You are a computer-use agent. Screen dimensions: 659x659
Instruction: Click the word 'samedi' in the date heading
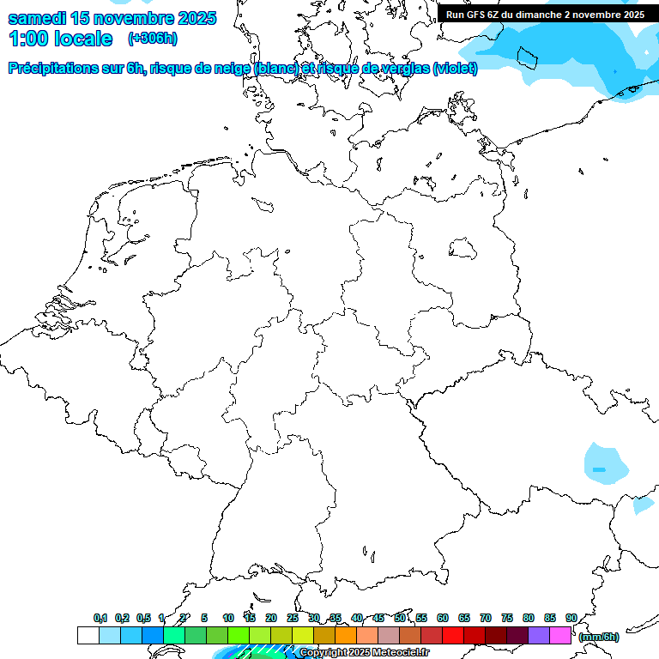[x=39, y=18]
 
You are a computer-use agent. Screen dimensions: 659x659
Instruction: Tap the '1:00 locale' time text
[x=60, y=39]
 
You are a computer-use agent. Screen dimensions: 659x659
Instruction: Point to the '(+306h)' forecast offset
[x=153, y=39]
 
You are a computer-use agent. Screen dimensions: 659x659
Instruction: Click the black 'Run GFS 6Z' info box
[x=546, y=14]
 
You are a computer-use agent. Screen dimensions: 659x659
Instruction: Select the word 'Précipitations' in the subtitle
[x=60, y=68]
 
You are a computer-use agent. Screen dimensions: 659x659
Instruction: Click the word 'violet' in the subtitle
[x=453, y=68]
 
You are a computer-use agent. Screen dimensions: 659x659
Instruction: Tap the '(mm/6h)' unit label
[x=598, y=637]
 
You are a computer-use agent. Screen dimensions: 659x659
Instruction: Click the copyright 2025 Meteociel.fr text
[x=364, y=652]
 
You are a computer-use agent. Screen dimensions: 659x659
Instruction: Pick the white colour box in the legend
[x=88, y=636]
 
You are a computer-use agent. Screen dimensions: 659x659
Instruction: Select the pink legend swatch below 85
[x=560, y=636]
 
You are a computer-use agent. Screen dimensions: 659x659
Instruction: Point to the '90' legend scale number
[x=571, y=618]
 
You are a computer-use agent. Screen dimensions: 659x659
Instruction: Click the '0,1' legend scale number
[x=100, y=618]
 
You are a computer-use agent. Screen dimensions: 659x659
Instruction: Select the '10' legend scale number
[x=228, y=618]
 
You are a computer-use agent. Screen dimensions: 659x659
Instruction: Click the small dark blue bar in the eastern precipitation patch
[x=599, y=469]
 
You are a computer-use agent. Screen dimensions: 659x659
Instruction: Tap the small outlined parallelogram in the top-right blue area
[x=526, y=57]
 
